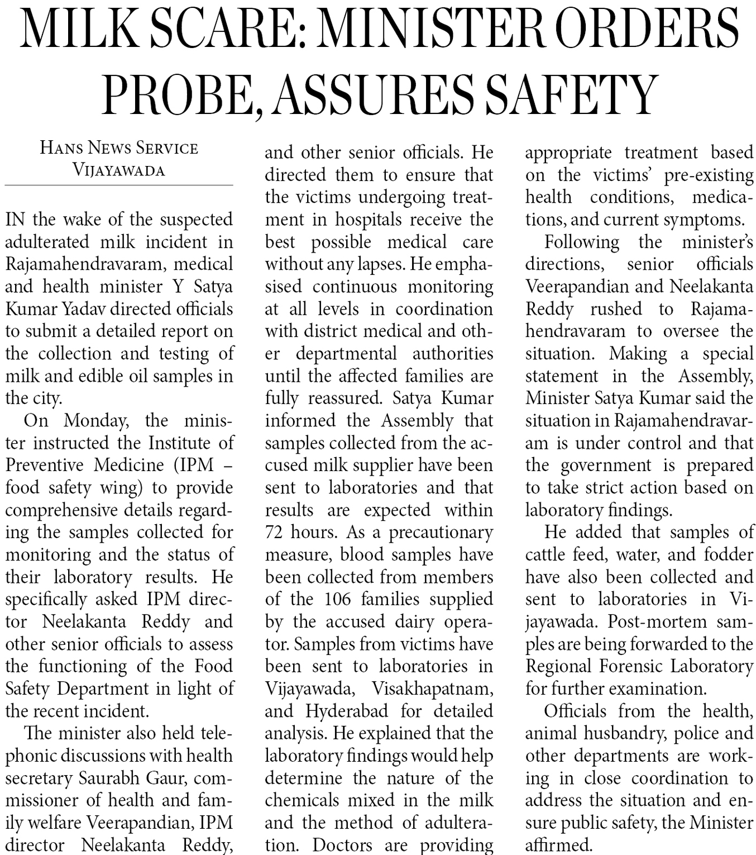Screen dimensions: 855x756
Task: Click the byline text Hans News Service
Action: pos(119,148)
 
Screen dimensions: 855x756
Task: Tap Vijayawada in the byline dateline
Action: pos(119,170)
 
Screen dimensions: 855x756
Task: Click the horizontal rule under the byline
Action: pos(119,185)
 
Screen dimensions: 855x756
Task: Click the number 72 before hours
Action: pos(275,532)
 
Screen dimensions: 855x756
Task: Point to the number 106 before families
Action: pos(338,599)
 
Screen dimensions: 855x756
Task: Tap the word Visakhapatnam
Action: pos(432,688)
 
